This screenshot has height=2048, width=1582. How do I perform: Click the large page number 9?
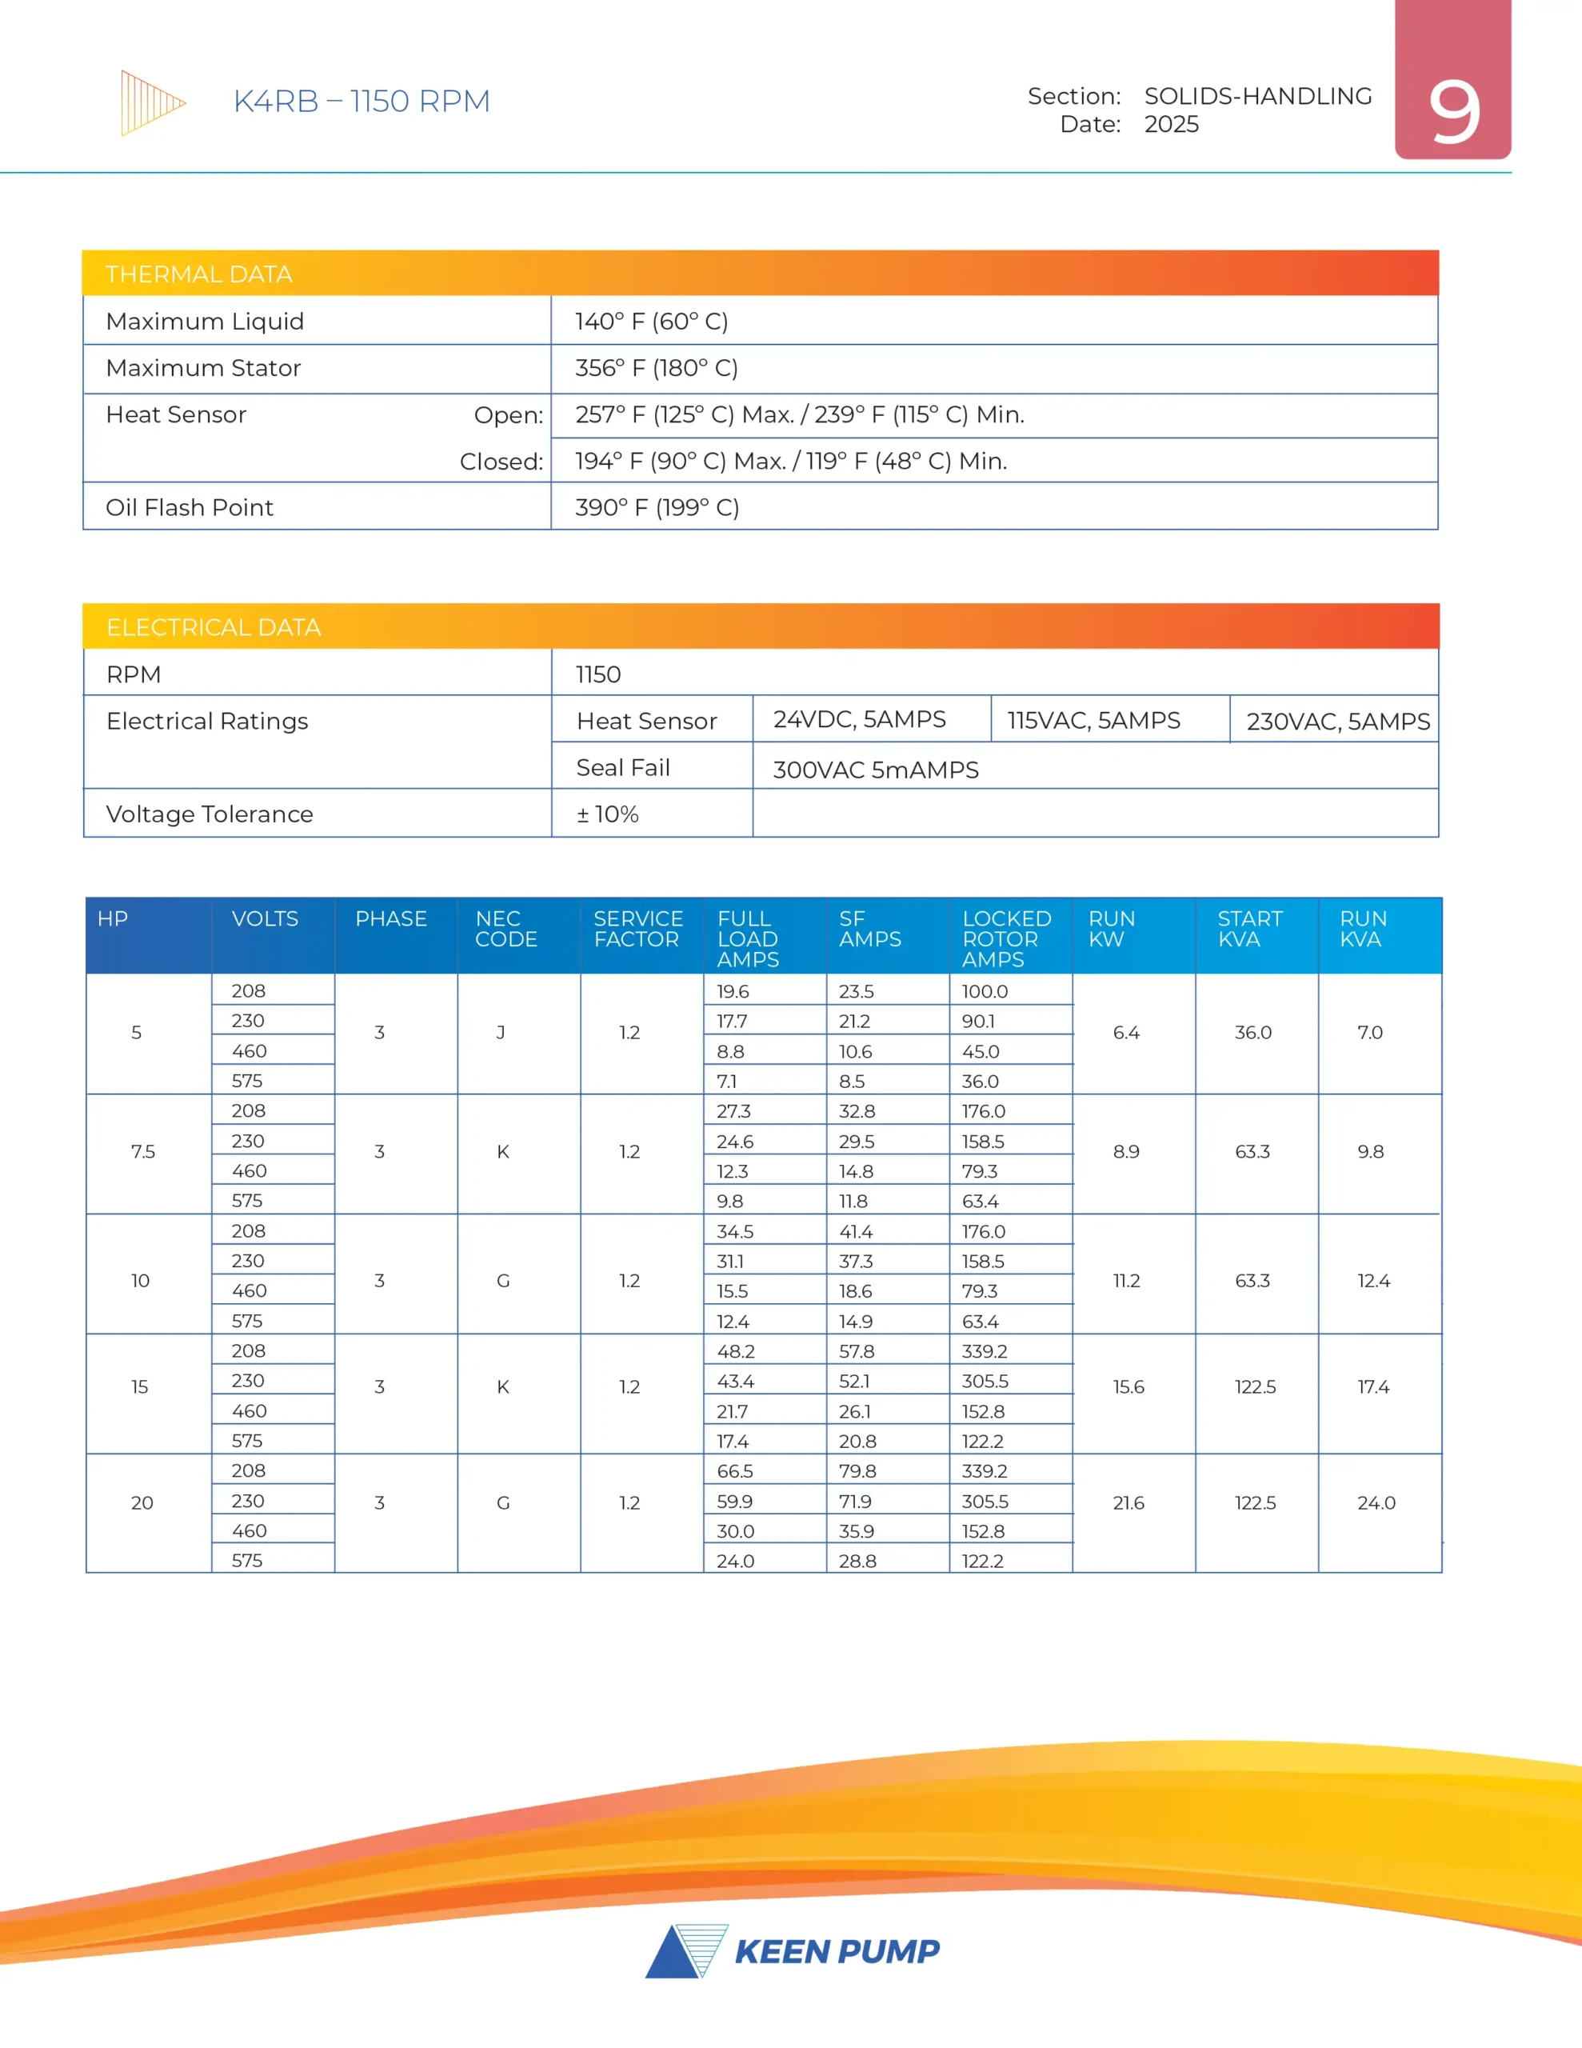click(1453, 113)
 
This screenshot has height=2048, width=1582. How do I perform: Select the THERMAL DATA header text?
click(199, 274)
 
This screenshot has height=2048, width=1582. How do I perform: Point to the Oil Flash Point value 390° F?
click(657, 507)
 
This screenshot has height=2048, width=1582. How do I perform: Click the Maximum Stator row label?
click(203, 367)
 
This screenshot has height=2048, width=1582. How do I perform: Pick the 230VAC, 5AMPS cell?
click(1337, 721)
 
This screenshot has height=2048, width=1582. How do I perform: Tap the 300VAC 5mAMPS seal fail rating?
click(875, 770)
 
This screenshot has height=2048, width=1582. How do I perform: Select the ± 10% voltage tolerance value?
click(608, 814)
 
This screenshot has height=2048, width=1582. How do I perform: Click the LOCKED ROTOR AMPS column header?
click(1006, 938)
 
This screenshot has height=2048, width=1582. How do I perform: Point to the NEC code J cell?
click(501, 1033)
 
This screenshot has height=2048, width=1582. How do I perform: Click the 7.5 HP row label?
click(143, 1151)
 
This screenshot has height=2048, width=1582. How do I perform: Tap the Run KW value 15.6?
click(1129, 1387)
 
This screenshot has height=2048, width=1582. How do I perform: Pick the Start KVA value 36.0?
click(1252, 1033)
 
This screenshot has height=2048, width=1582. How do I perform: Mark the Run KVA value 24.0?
click(1376, 1503)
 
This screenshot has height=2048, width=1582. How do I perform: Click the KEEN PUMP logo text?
click(837, 1951)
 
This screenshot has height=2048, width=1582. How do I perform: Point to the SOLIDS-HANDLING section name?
click(1257, 96)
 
